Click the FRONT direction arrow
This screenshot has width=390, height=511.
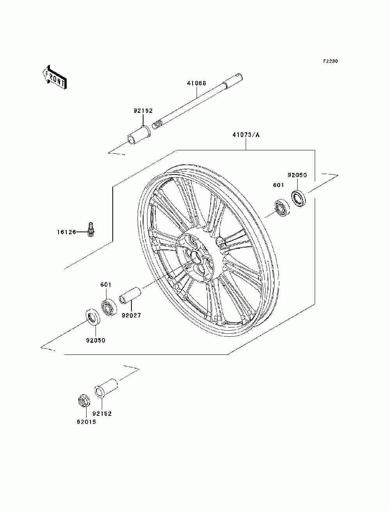pyautogui.click(x=55, y=77)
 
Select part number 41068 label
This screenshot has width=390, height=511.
pyautogui.click(x=197, y=83)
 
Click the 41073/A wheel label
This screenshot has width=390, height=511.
pyautogui.click(x=246, y=135)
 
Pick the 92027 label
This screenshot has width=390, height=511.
pyautogui.click(x=131, y=315)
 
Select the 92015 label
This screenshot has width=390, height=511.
pyautogui.click(x=86, y=422)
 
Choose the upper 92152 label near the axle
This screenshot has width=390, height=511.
pyautogui.click(x=143, y=111)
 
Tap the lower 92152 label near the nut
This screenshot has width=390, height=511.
pyautogui.click(x=102, y=414)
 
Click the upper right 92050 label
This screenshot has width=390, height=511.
pyautogui.click(x=298, y=175)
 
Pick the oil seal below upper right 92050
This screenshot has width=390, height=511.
pyautogui.click(x=299, y=198)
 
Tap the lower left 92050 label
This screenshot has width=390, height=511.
pyautogui.click(x=96, y=340)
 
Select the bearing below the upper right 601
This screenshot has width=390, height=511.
pyautogui.click(x=280, y=207)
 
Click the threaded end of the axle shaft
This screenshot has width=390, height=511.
pyautogui.click(x=156, y=125)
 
